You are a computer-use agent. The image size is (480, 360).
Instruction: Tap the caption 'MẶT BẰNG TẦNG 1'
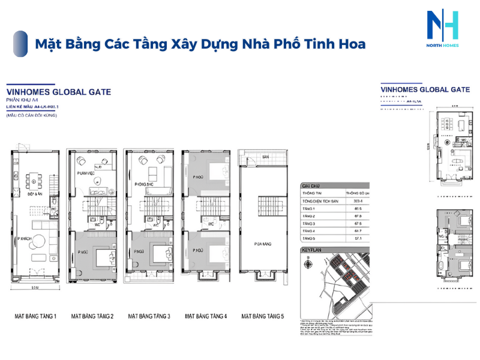point(35,316)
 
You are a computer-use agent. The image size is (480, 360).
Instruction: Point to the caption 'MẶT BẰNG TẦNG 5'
point(263,316)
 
